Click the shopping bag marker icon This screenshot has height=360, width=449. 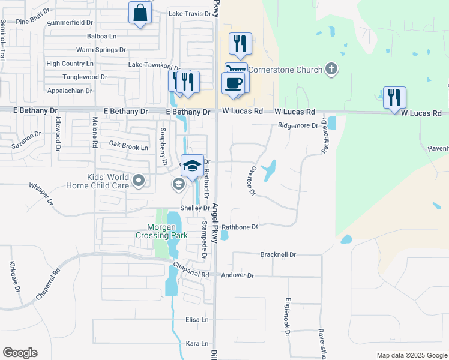coord(140,13)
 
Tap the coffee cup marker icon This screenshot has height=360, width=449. coord(234,83)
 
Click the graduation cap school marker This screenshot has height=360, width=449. coord(192,166)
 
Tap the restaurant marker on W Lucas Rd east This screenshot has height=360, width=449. coord(394,98)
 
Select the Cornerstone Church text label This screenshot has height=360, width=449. coord(285,70)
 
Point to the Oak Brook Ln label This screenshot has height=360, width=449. coord(128,146)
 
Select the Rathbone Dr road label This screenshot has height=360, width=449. coord(240,227)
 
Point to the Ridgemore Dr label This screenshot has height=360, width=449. coord(298,125)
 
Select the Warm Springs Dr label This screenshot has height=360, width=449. coord(101,50)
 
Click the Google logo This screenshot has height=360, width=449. coord(20,353)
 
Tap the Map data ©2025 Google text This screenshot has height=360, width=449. coord(412,355)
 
